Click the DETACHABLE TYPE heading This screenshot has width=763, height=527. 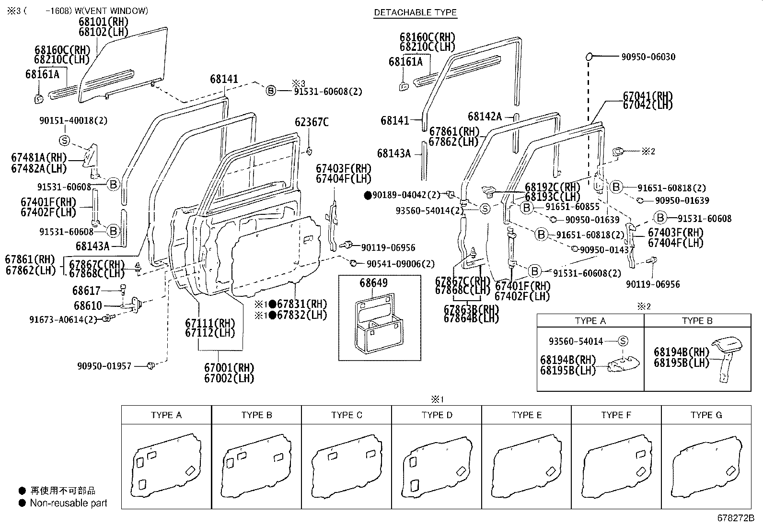[x=415, y=12]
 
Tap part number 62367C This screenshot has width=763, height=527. [x=312, y=122]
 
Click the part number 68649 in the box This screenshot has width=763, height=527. [x=373, y=283]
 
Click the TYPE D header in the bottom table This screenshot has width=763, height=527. [x=436, y=415]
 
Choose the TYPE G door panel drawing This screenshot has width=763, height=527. [x=706, y=468]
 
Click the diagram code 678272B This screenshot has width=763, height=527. [x=736, y=518]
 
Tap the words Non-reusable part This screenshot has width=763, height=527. [x=69, y=503]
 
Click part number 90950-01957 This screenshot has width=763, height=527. [x=104, y=366]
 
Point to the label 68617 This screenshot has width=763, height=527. [x=87, y=291]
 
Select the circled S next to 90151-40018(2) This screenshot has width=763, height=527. [x=65, y=141]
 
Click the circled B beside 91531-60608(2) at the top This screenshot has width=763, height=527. [x=271, y=91]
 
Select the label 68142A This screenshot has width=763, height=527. [x=485, y=117]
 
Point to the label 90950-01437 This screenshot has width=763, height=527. [x=606, y=250]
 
